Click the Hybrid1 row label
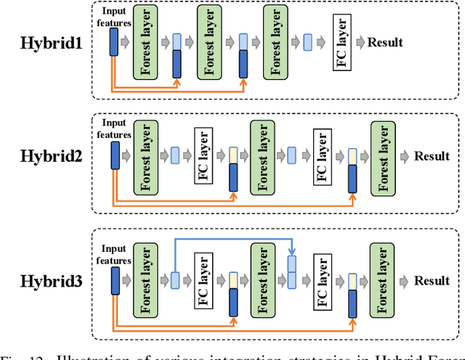(50, 42)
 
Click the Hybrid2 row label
(50, 156)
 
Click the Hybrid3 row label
(50, 280)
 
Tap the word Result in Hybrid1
(385, 42)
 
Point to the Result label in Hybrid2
(432, 156)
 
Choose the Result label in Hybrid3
(432, 280)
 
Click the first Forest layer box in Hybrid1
(145, 41)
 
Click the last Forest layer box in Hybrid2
(382, 157)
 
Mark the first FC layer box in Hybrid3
(203, 280)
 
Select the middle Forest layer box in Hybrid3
(263, 280)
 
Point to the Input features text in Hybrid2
(114, 128)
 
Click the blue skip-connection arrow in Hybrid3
(232, 240)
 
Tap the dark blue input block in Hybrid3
(114, 280)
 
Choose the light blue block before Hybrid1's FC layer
(308, 42)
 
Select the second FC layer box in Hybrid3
(323, 280)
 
